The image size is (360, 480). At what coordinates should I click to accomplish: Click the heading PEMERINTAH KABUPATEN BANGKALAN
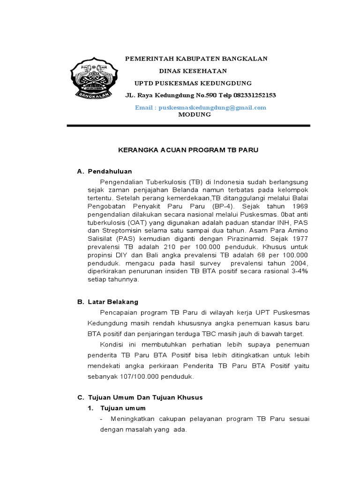click(x=195, y=59)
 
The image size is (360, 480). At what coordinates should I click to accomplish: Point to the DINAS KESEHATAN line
click(x=193, y=71)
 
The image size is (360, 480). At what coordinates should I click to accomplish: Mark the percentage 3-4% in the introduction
click(x=299, y=271)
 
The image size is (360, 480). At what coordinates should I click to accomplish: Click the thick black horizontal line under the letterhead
click(x=188, y=126)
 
